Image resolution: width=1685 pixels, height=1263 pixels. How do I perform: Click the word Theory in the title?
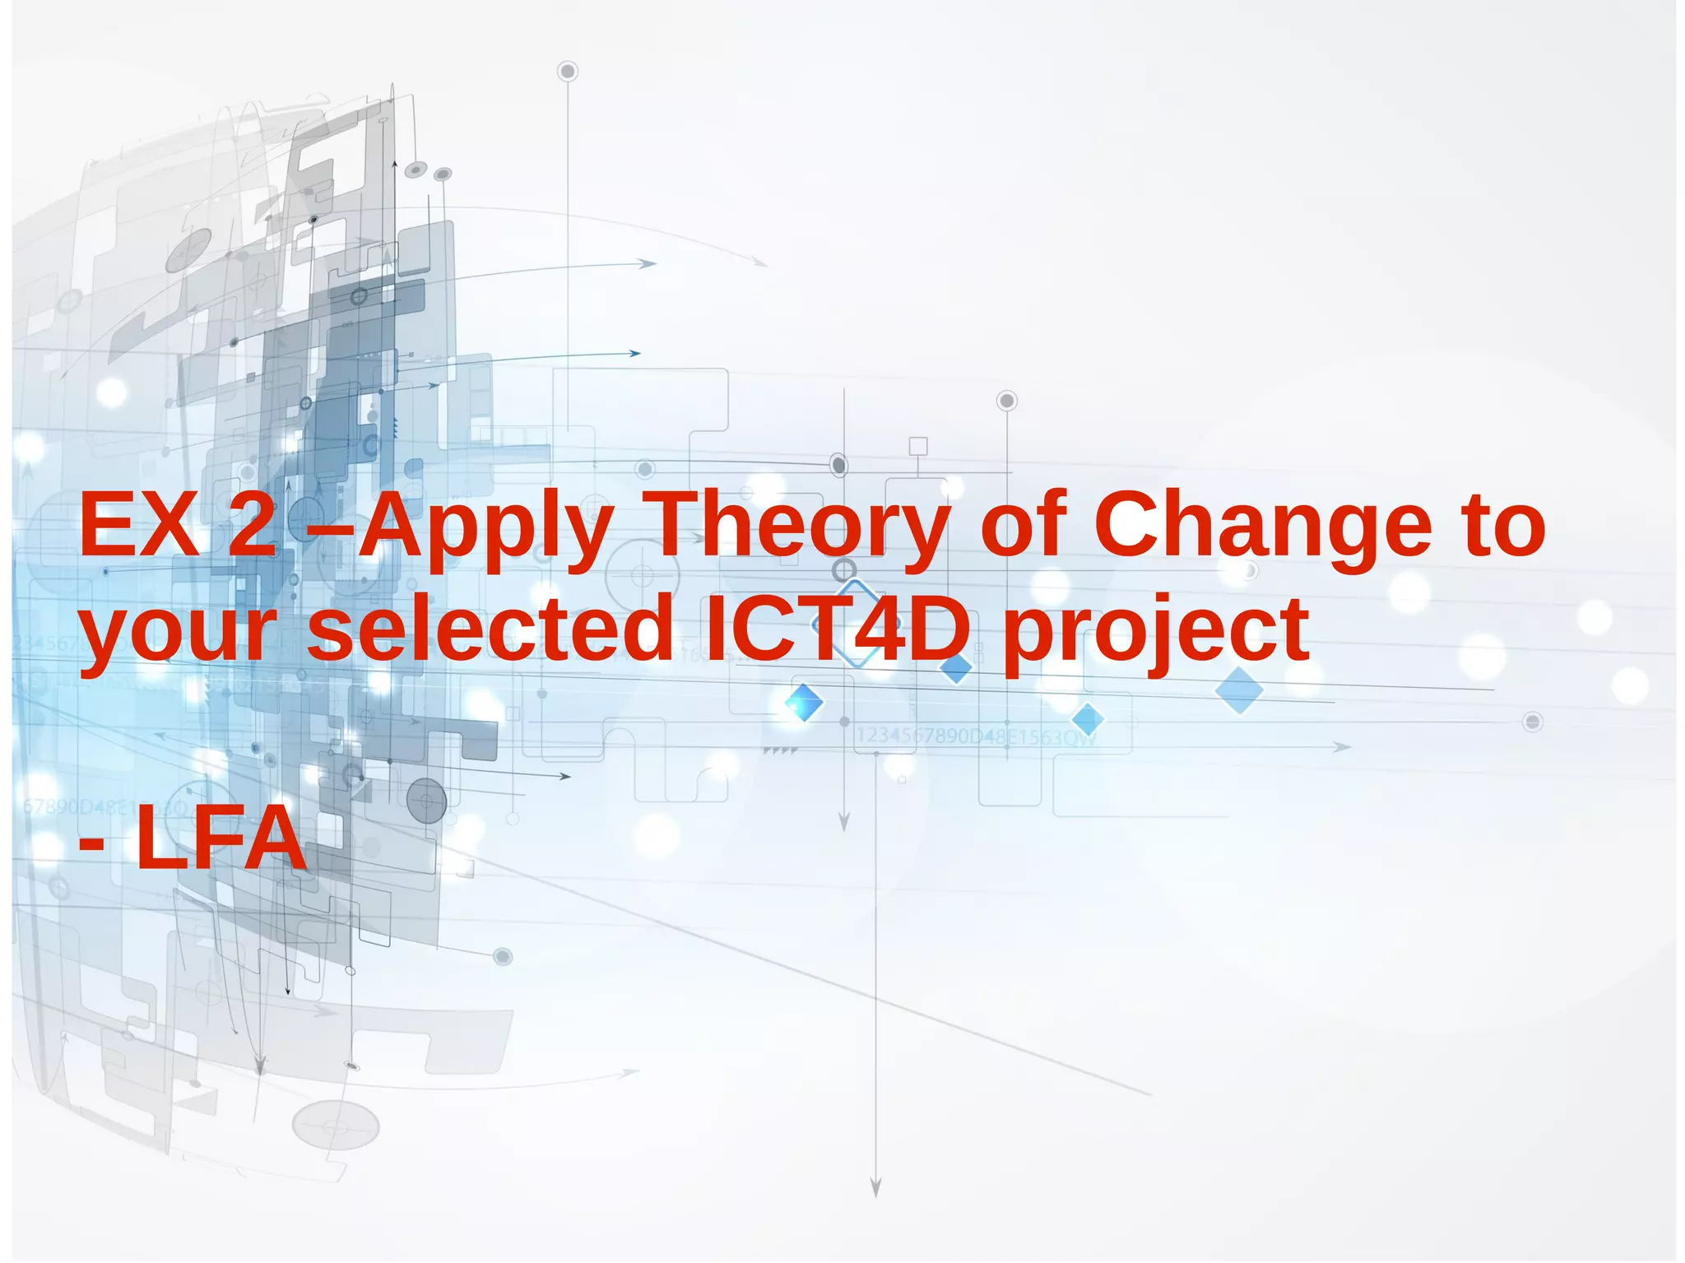tap(801, 527)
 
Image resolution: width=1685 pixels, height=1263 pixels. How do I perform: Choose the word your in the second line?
tap(178, 634)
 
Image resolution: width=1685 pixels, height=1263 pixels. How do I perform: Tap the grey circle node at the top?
tap(567, 72)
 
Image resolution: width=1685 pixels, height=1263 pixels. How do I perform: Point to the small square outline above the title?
tap(918, 446)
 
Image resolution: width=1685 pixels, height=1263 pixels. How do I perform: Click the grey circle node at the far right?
tap(1532, 722)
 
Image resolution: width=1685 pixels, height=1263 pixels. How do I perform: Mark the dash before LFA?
tap(91, 842)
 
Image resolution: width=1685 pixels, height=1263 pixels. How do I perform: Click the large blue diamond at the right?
tap(1239, 690)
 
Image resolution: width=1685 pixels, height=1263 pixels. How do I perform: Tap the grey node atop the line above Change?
tap(1007, 401)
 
